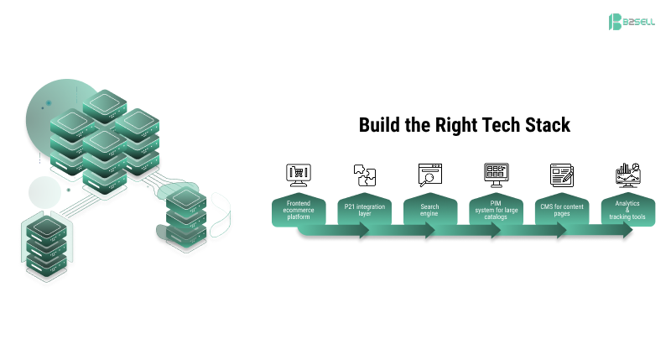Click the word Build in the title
380,126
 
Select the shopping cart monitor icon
298,175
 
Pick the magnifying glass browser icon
429,175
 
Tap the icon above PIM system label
496,175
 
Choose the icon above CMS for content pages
561,175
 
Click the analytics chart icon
627,175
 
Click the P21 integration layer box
364,210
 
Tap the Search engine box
429,210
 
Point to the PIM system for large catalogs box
496,210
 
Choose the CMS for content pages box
562,210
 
